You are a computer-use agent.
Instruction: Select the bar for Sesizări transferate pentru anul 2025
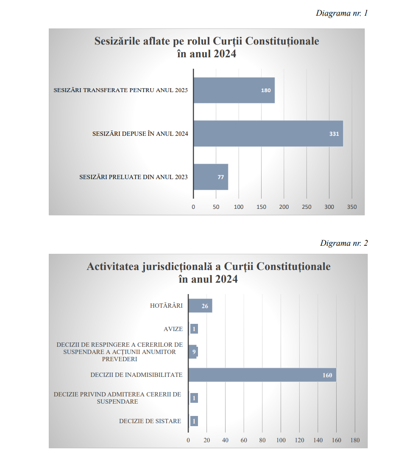point(234,90)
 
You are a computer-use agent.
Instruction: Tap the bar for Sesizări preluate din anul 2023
point(211,177)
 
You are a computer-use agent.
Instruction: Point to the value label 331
point(334,134)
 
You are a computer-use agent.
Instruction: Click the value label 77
point(220,177)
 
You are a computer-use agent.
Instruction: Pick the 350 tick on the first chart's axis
point(352,207)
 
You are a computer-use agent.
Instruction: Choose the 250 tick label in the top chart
point(307,207)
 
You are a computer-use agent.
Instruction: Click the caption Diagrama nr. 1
point(342,13)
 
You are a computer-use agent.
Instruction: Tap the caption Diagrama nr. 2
point(344,243)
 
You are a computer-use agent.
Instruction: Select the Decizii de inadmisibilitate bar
point(262,375)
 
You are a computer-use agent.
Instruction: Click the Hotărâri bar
point(200,306)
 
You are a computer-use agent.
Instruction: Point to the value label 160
point(327,375)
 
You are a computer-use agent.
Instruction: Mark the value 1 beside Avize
point(194,329)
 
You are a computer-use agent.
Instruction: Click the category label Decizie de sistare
point(150,421)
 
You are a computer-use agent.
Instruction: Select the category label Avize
point(173,329)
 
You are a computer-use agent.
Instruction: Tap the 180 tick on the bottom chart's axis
point(354,440)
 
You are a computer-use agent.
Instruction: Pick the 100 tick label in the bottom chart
point(281,440)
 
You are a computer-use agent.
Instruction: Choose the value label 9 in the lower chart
point(194,352)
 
